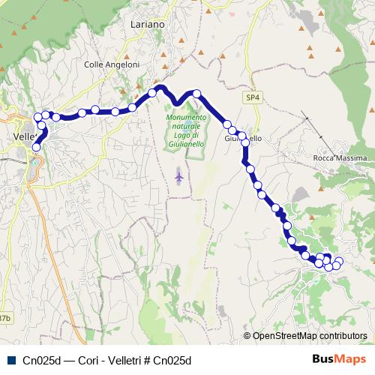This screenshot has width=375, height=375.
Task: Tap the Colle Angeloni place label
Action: point(112,65)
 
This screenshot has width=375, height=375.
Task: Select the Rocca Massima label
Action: point(340,159)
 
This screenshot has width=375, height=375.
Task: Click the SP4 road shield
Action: point(252,97)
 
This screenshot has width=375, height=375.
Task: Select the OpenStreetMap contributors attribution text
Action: point(310,336)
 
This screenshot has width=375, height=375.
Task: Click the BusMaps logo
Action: point(338,359)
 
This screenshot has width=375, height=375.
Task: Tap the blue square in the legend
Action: point(10,359)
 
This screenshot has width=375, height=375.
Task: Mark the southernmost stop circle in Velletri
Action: point(35,148)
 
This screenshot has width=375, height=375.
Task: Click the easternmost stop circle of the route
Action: point(338,261)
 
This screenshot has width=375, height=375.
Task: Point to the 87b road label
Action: point(5,318)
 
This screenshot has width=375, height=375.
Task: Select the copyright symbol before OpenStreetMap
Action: point(247,336)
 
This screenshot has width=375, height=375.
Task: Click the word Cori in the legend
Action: point(78,360)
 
